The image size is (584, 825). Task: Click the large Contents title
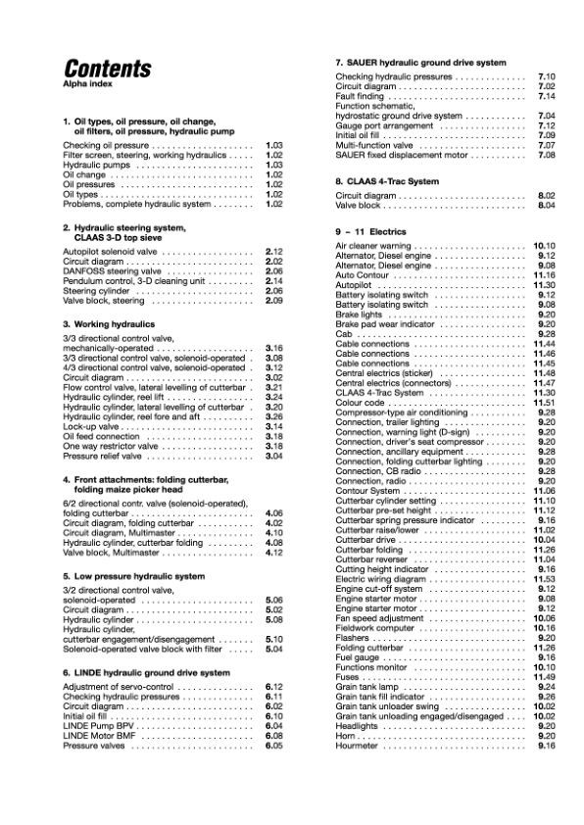click(x=107, y=70)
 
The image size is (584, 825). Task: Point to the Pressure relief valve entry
click(x=104, y=456)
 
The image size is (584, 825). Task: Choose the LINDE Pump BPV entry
click(x=99, y=725)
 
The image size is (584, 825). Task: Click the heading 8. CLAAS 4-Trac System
click(x=387, y=181)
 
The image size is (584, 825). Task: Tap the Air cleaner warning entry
click(x=373, y=246)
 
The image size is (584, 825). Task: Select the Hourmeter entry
click(x=360, y=746)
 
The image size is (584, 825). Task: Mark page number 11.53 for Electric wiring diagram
click(x=544, y=579)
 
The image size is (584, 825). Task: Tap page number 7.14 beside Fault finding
click(x=547, y=96)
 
